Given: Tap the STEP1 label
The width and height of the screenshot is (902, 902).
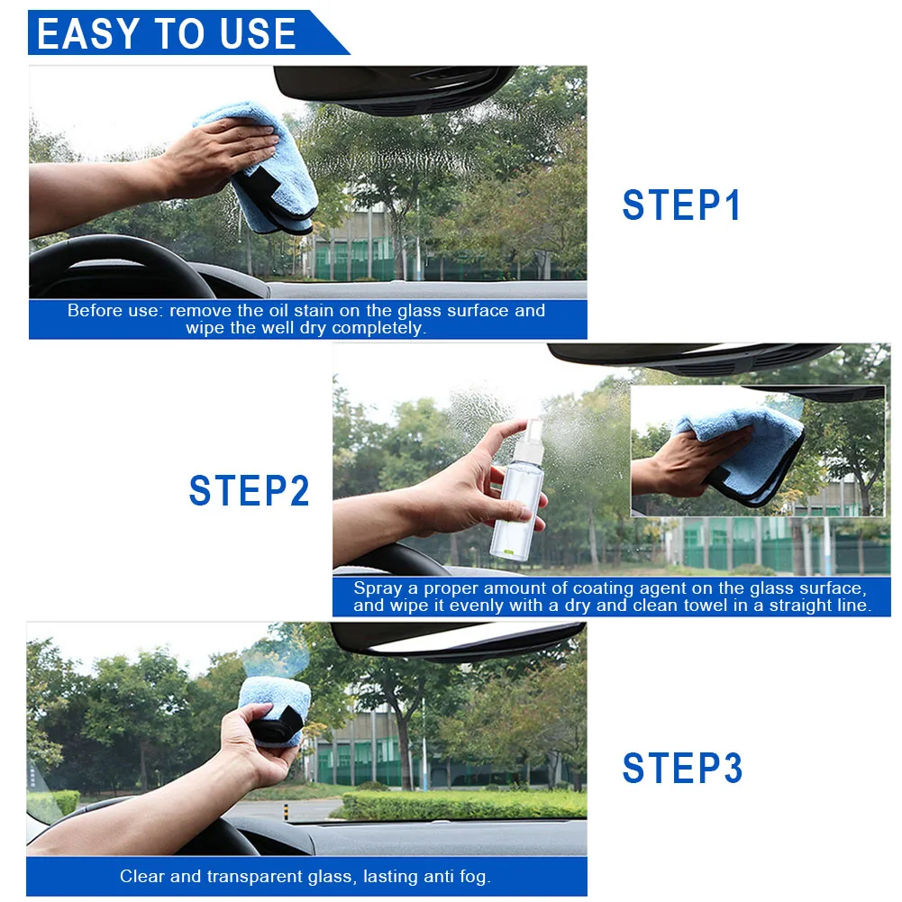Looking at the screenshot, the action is point(681,205).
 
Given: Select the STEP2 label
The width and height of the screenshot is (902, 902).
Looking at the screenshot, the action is point(249,491).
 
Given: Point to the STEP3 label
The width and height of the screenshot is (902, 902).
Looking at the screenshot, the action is point(683,768).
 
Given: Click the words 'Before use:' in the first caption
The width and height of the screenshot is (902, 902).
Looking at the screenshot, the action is point(115,311).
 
